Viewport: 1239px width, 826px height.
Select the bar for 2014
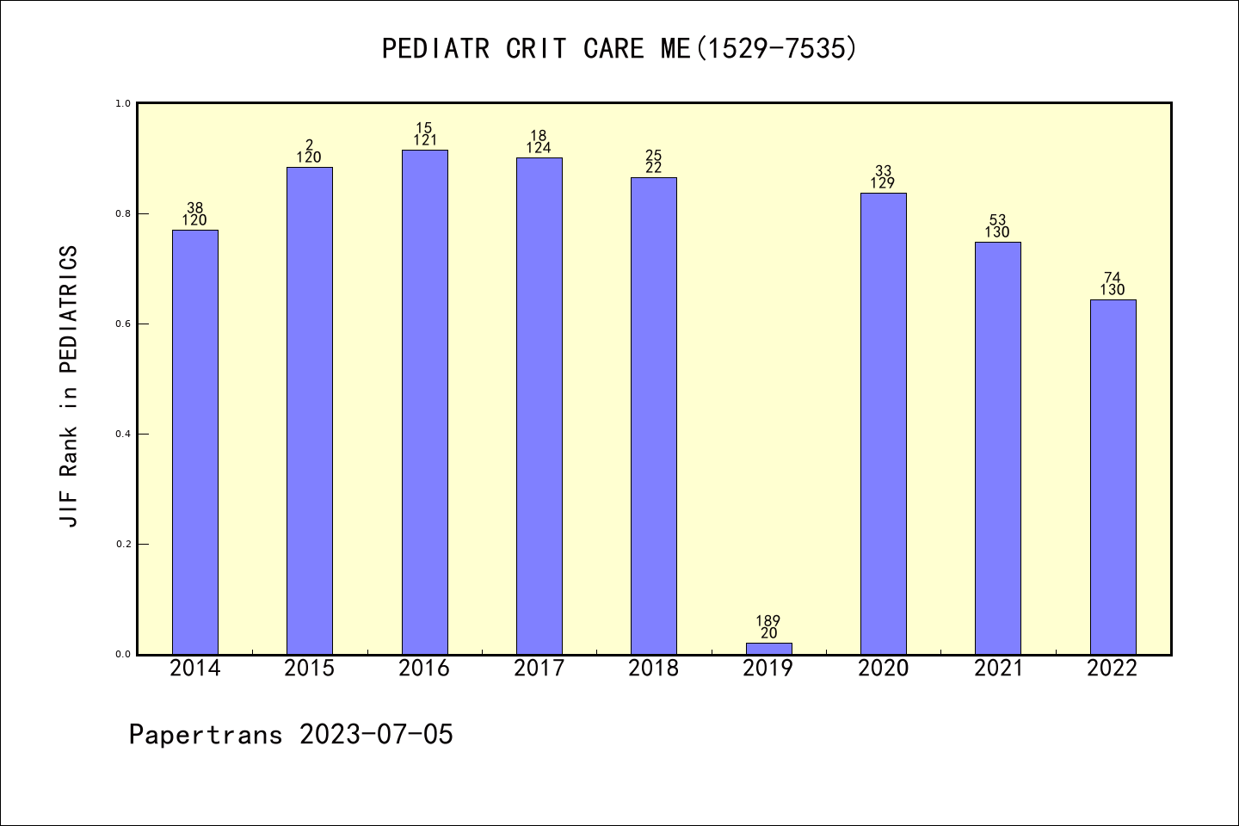(x=195, y=442)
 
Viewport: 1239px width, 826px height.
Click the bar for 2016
(x=425, y=402)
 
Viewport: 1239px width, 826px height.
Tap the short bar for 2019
(x=769, y=648)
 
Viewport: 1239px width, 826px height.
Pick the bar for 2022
(x=1113, y=477)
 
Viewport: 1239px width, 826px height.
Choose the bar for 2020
(x=884, y=423)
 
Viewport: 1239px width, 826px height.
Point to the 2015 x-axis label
(x=310, y=669)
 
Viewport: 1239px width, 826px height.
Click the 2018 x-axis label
(x=654, y=669)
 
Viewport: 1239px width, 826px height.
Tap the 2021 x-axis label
(x=998, y=669)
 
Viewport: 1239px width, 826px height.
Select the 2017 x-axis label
(x=539, y=669)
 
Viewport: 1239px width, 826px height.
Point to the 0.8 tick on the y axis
(x=123, y=213)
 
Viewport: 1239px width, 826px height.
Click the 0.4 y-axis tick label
(x=123, y=434)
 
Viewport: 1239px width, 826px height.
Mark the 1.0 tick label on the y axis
(x=123, y=103)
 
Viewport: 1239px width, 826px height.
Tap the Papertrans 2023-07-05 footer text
(x=291, y=735)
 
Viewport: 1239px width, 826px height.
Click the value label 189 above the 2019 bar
(x=768, y=621)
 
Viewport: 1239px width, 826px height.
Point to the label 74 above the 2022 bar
(x=1113, y=278)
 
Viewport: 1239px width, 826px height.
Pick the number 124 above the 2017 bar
(x=539, y=148)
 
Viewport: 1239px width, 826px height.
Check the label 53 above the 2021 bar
(x=998, y=220)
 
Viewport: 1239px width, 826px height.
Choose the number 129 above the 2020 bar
(x=883, y=183)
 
